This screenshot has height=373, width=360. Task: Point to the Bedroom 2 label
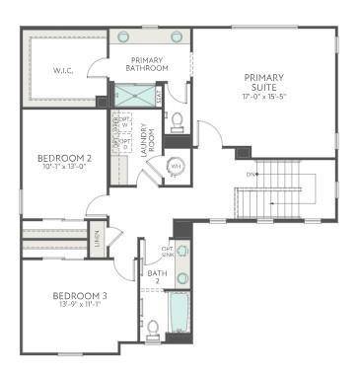tap(64, 157)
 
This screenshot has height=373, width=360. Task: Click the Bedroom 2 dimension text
tap(64, 167)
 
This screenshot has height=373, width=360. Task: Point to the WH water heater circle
tap(177, 166)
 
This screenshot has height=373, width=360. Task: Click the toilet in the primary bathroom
tap(178, 121)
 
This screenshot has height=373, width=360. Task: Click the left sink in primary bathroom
tap(124, 37)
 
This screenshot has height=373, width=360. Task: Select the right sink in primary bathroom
tap(178, 37)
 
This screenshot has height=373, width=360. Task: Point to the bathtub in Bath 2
tap(178, 313)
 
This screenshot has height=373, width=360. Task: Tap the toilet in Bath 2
tap(154, 330)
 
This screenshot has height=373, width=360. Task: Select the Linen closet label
tap(97, 240)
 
